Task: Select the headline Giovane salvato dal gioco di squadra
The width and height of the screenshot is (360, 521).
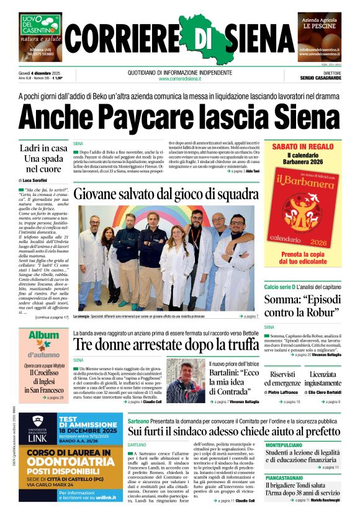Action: click(164, 194)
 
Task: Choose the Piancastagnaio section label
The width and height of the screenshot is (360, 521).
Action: click(285, 478)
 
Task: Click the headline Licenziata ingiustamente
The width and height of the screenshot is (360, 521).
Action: click(322, 378)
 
